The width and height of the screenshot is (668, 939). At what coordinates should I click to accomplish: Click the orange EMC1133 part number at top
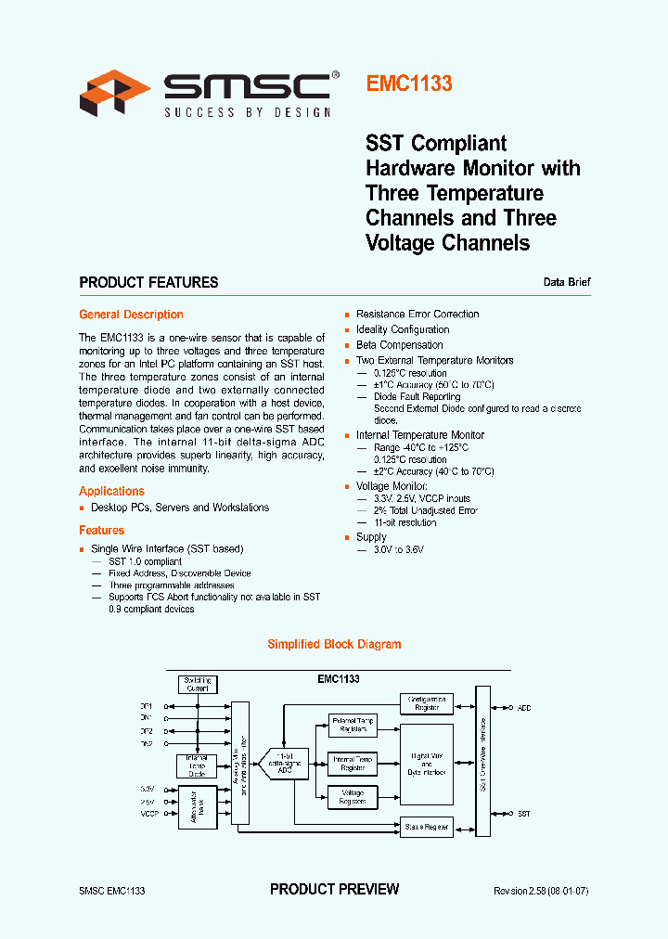[x=409, y=84]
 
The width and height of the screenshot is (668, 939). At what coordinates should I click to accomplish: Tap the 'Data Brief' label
[x=566, y=282]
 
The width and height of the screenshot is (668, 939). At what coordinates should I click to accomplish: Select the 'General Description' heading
[x=131, y=315]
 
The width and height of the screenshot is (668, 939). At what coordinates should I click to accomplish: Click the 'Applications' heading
[x=111, y=491]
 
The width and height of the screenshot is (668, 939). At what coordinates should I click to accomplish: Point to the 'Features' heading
[x=101, y=531]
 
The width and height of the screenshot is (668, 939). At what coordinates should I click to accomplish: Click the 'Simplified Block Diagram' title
[x=334, y=644]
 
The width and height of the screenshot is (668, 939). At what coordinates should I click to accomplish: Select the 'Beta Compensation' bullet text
[x=399, y=345]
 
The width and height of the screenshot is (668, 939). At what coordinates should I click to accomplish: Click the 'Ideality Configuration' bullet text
[x=403, y=329]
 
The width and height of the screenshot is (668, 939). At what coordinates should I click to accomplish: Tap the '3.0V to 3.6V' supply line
[x=398, y=550]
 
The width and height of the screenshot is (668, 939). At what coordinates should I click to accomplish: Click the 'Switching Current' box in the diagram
[x=197, y=685]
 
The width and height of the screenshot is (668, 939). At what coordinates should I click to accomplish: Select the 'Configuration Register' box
[x=427, y=703]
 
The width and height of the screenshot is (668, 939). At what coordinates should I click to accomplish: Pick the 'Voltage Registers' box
[x=353, y=797]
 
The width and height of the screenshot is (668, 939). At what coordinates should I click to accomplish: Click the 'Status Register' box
[x=427, y=826]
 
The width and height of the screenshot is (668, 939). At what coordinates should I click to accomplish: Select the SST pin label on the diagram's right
[x=524, y=813]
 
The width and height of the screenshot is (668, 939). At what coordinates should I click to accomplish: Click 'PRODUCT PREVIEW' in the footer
[x=334, y=890]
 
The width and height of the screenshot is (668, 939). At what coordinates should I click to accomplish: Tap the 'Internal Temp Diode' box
[x=196, y=765]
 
